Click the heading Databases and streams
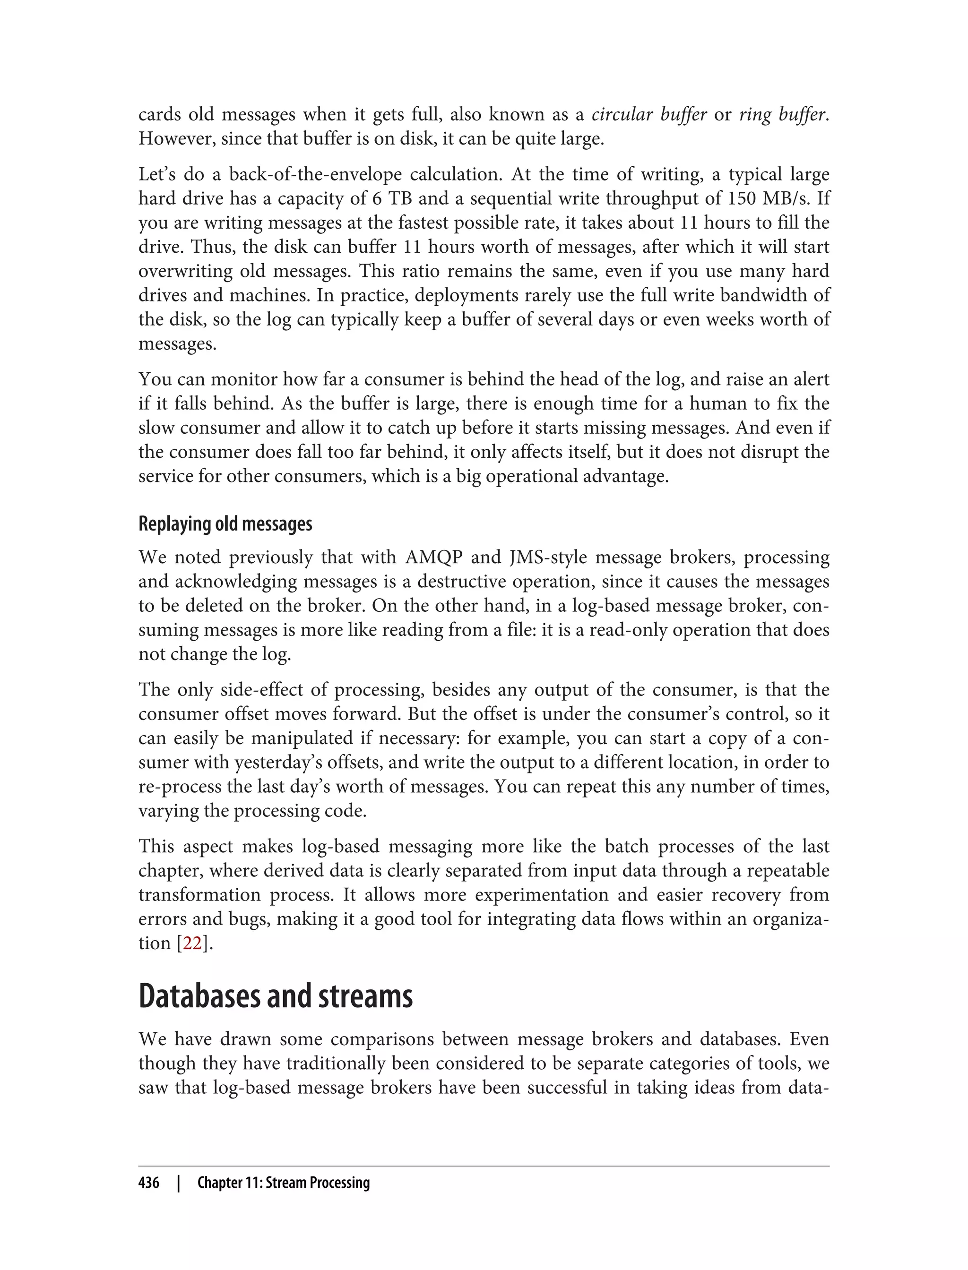click(x=276, y=996)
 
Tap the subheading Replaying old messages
click(x=225, y=523)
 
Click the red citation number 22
click(x=192, y=944)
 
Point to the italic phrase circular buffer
click(x=649, y=115)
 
